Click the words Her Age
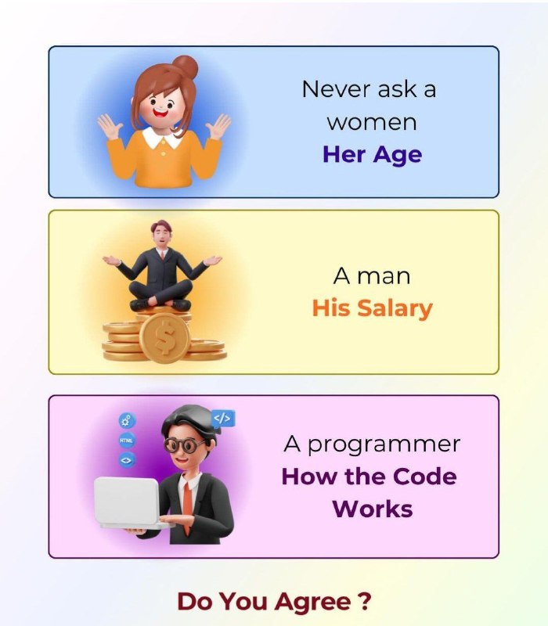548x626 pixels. (372, 155)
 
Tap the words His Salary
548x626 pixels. (373, 308)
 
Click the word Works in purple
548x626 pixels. (373, 509)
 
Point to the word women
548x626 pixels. (372, 122)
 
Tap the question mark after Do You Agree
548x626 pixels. (365, 601)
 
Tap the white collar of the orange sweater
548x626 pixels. (162, 138)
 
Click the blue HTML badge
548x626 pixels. (127, 441)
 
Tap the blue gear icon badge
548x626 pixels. (127, 420)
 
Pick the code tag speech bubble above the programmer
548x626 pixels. (222, 419)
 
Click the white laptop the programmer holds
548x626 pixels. (128, 503)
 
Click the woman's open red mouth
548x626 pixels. (161, 113)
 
